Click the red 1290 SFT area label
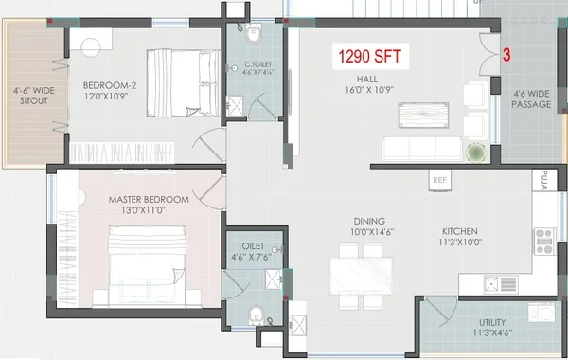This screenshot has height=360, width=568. coord(370,57)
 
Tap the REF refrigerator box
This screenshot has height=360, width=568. coord(440,180)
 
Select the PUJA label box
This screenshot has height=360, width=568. coord(544,180)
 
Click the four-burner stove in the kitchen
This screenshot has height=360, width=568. coord(544,241)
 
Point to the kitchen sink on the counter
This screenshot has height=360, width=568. coord(501,284)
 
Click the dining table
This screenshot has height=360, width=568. coord(362,276)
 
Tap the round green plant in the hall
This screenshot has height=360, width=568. coord(475,153)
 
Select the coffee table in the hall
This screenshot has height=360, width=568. coord(423,116)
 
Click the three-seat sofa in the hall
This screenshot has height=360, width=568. coord(422,149)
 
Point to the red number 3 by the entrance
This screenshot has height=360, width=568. coord(506,55)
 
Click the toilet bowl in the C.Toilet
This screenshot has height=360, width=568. coord(253,33)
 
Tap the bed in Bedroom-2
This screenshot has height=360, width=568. coord(184,83)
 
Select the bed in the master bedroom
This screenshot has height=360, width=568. coord(147,266)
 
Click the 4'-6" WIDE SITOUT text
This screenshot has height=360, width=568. coord(34,96)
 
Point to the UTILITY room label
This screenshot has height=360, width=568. coord(492,323)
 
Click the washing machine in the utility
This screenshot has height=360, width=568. coord(541,313)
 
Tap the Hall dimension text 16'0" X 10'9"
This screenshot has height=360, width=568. coord(369,90)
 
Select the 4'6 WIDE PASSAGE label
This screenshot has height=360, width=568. coord(531,99)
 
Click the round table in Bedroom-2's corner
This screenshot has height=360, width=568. coord(91,46)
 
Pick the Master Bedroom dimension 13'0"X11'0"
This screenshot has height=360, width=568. coord(144,210)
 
